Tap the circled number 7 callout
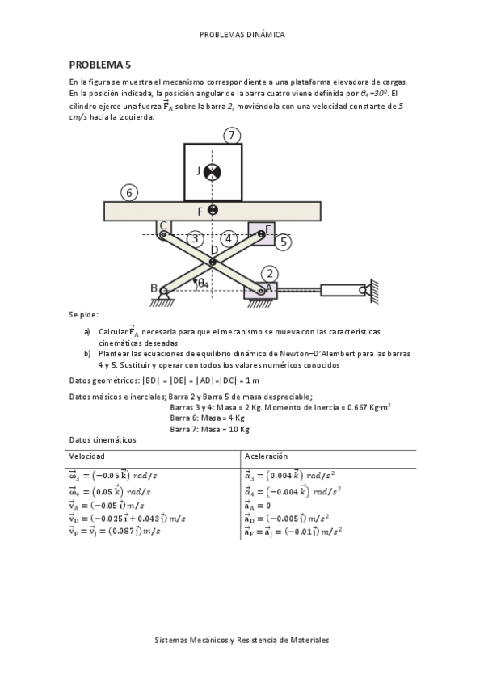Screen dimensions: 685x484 coord(233,136)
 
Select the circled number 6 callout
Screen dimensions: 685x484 coord(128,192)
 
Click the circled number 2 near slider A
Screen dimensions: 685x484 coord(270,274)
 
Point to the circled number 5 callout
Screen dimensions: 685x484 coord(282,241)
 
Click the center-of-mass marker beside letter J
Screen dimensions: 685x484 coord(213,170)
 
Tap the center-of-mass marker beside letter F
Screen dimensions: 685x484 coord(213,211)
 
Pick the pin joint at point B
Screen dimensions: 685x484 coord(164,289)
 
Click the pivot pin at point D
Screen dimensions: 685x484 coord(213,261)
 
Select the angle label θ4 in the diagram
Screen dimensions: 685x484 coord(203,283)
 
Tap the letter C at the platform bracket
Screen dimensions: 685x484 coord(162,225)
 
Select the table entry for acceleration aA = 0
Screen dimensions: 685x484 coord(262,505)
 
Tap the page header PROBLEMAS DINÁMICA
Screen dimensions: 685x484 coord(242,35)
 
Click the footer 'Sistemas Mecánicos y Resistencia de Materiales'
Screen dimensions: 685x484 coord(242,639)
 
